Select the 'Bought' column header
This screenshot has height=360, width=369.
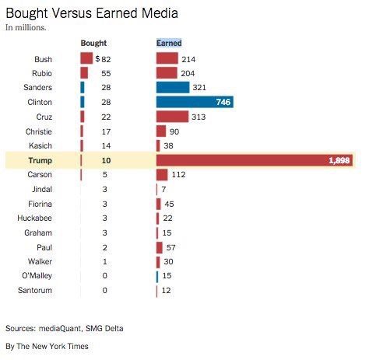click(93, 43)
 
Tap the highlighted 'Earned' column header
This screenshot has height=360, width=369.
click(169, 43)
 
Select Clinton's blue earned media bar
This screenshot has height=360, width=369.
click(195, 102)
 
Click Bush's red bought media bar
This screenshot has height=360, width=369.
click(86, 58)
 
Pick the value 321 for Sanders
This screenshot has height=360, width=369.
click(200, 88)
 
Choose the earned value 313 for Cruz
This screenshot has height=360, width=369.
click(200, 117)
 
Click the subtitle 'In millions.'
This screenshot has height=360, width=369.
click(26, 27)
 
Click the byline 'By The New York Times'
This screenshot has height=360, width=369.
click(47, 345)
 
